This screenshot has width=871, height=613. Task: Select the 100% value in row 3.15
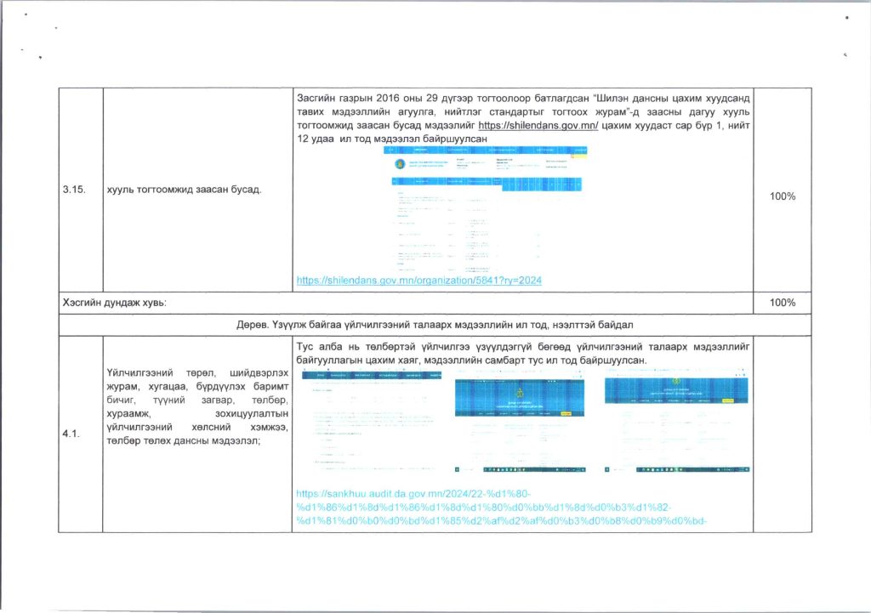coord(783,196)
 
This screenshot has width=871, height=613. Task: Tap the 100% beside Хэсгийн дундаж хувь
coord(783,303)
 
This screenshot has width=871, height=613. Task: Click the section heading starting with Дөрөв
coord(435,326)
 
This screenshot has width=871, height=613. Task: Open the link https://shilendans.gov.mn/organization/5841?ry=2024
coord(419,280)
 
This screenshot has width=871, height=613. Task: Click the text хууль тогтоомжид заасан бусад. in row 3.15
coord(182,188)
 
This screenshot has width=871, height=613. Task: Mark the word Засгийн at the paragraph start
coord(318,99)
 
